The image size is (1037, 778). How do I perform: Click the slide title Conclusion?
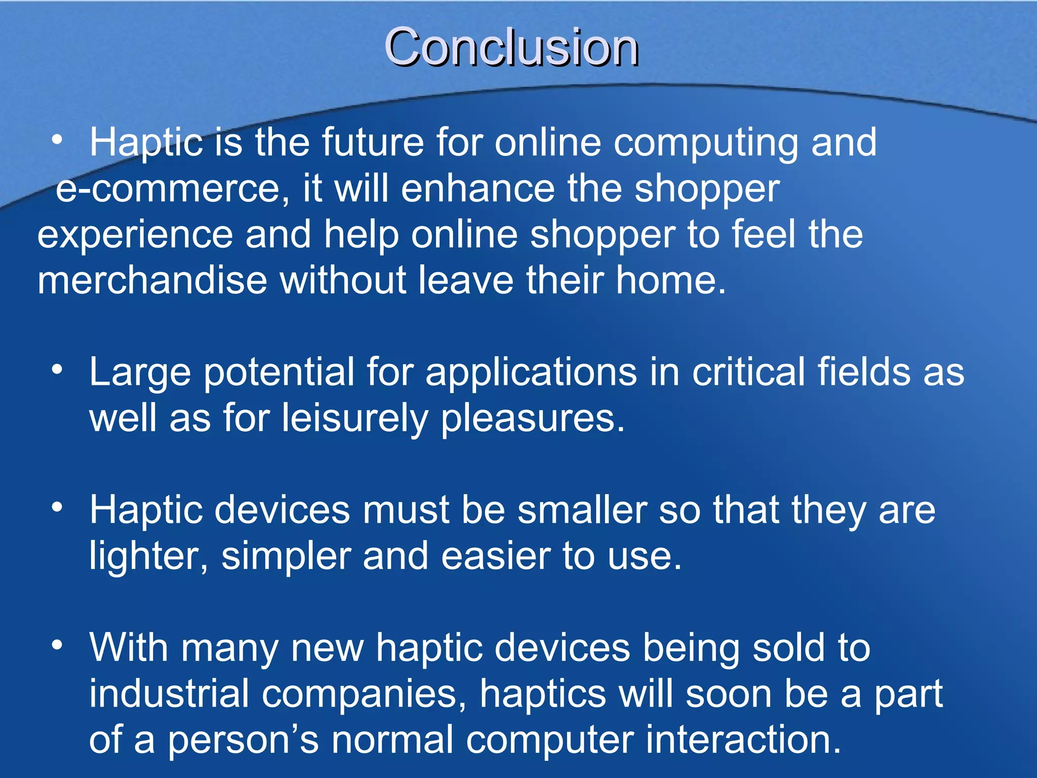click(x=511, y=47)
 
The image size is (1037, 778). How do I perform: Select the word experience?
click(x=135, y=235)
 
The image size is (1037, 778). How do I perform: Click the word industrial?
click(x=169, y=693)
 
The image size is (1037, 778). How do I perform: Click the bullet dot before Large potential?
click(x=57, y=369)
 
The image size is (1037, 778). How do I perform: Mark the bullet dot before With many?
click(x=57, y=645)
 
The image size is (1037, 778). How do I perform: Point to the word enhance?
click(x=478, y=189)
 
